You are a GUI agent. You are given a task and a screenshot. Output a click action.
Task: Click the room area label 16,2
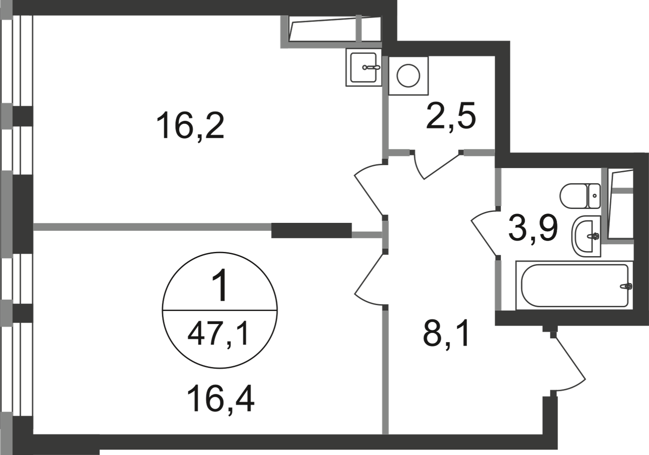[190, 126]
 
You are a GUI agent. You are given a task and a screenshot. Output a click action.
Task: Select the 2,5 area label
[451, 116]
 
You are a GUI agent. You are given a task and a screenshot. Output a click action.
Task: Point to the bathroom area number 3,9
[533, 229]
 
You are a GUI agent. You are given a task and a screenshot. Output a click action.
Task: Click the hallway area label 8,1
[445, 336]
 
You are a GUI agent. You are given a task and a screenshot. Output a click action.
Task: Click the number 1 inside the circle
[220, 285]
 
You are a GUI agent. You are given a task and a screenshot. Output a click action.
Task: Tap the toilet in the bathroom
[580, 196]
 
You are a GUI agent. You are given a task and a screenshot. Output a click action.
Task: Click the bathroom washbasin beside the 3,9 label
[587, 236]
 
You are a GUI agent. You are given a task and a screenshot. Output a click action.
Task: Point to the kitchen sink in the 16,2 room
[364, 67]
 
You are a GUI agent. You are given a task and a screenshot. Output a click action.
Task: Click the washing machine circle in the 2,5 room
[408, 75]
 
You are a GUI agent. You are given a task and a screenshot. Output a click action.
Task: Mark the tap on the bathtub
[626, 286]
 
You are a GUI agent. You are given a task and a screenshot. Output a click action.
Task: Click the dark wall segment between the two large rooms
[311, 230]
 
